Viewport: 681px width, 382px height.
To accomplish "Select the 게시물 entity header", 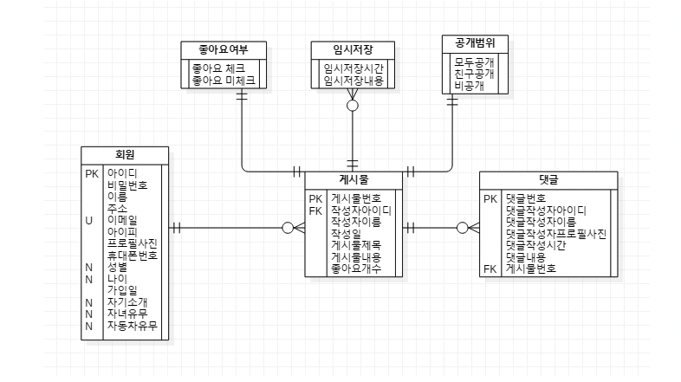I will (x=353, y=179).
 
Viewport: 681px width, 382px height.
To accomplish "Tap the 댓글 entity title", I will (x=548, y=179).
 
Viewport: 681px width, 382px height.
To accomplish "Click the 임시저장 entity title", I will (x=353, y=49).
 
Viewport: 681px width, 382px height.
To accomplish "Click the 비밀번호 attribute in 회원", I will (x=126, y=185).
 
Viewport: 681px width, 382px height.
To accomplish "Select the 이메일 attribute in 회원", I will (x=122, y=220).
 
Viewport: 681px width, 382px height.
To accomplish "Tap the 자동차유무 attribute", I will (x=131, y=326).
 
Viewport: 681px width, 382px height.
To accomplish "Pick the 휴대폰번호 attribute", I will (x=132, y=256).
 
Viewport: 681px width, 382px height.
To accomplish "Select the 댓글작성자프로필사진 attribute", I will (x=555, y=234).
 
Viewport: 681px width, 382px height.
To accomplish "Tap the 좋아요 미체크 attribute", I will (x=224, y=80).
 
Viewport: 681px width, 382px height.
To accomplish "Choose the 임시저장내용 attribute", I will (x=353, y=80).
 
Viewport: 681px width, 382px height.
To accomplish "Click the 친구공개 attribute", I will (x=474, y=74).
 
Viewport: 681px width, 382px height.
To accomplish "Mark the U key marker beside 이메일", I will (x=88, y=220).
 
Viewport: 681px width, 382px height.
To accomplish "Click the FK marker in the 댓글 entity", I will (x=490, y=269).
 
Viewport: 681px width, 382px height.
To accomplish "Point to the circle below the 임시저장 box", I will (x=353, y=106).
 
